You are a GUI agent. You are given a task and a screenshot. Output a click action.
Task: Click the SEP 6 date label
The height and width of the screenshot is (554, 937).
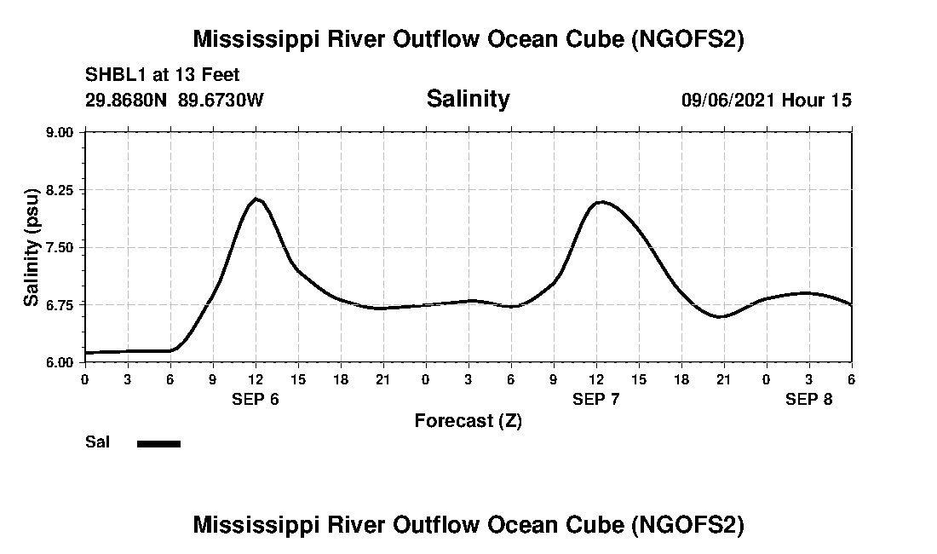[256, 399]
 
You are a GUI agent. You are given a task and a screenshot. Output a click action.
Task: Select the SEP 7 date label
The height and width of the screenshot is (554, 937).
[596, 399]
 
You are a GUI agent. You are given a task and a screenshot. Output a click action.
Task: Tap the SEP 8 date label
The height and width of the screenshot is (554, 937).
[808, 399]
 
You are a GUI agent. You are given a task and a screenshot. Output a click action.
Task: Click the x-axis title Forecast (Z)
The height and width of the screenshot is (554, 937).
[468, 420]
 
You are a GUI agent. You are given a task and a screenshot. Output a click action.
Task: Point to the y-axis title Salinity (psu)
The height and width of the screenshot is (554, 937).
[32, 247]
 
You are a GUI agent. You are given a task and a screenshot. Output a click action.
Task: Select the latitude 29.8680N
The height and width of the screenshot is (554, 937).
[128, 100]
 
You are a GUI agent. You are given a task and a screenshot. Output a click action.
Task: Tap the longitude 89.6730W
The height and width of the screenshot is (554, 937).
[221, 100]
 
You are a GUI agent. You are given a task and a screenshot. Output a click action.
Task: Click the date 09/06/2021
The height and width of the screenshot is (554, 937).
[728, 100]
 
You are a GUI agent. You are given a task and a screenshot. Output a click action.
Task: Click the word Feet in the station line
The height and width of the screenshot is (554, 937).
[221, 74]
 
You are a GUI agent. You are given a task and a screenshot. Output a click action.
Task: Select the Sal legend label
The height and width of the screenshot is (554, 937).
[96, 442]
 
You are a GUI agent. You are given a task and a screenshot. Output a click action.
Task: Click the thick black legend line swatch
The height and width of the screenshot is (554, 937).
[158, 443]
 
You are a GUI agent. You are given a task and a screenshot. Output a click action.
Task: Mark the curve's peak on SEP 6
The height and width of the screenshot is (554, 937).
[256, 199]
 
